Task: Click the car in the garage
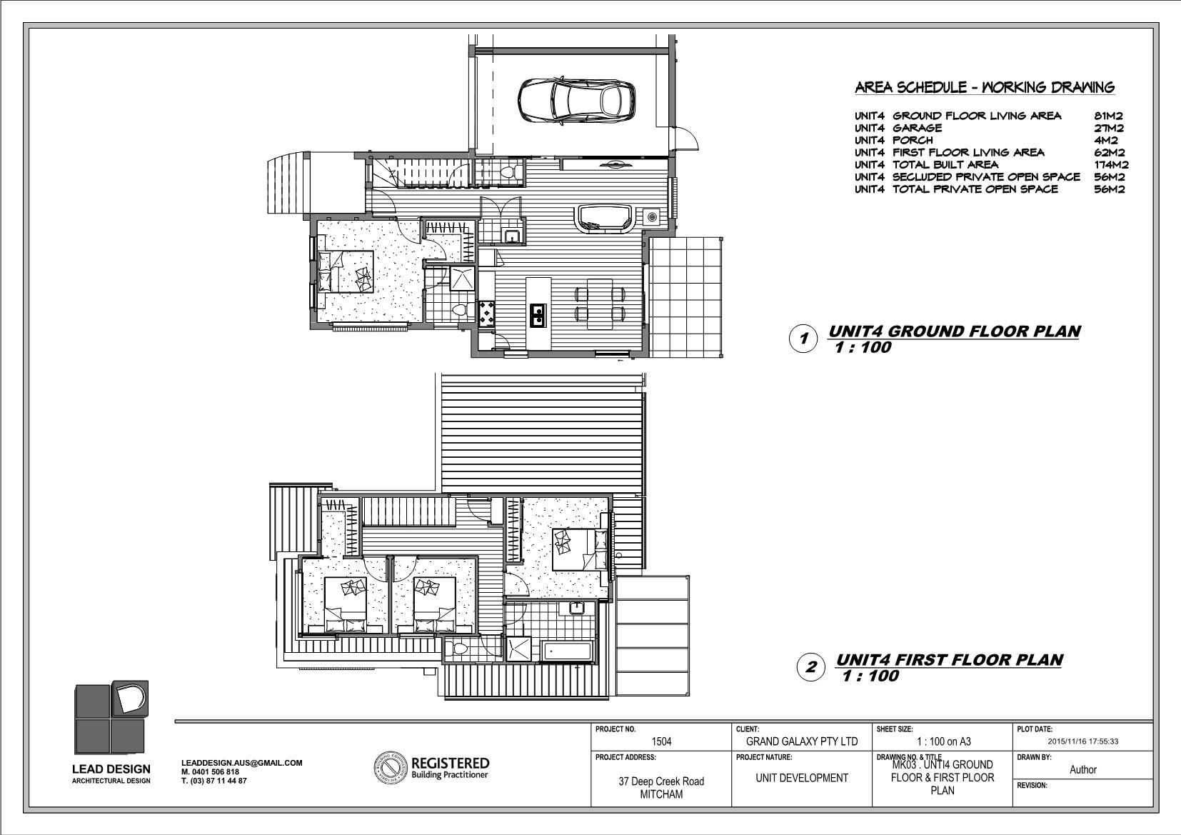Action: pyautogui.click(x=576, y=101)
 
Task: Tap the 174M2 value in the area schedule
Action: pyautogui.click(x=1111, y=164)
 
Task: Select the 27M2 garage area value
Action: pyautogui.click(x=1108, y=128)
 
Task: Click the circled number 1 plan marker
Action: pyautogui.click(x=803, y=339)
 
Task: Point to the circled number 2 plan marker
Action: pyautogui.click(x=810, y=667)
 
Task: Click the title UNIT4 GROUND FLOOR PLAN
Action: pyautogui.click(x=954, y=331)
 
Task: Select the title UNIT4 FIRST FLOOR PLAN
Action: pyautogui.click(x=950, y=660)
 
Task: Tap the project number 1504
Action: pyautogui.click(x=661, y=741)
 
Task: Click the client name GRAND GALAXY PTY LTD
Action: pyautogui.click(x=801, y=741)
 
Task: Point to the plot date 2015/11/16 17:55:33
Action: pyautogui.click(x=1083, y=741)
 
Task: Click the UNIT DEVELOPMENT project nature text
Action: pyautogui.click(x=801, y=778)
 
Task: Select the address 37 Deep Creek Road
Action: pyautogui.click(x=661, y=781)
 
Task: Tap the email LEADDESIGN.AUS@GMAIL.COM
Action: pyautogui.click(x=242, y=763)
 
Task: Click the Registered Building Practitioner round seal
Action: pyautogui.click(x=391, y=768)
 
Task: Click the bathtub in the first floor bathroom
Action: pyautogui.click(x=568, y=651)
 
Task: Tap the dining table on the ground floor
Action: pyautogui.click(x=600, y=304)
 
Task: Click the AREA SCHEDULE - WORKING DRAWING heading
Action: pyautogui.click(x=985, y=87)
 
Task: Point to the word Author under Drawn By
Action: pyautogui.click(x=1083, y=769)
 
